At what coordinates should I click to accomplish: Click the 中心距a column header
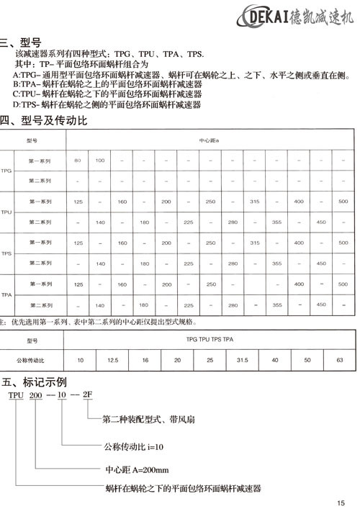click(210, 140)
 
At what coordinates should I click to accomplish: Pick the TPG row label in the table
click(7, 171)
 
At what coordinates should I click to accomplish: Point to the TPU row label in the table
click(7, 213)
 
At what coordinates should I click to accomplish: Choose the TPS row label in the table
click(7, 254)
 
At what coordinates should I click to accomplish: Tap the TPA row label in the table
click(7, 295)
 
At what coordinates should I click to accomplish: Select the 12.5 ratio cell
click(113, 358)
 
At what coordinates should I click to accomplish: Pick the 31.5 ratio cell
click(242, 358)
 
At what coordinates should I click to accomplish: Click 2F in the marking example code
click(88, 396)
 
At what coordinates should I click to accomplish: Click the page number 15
click(341, 503)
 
